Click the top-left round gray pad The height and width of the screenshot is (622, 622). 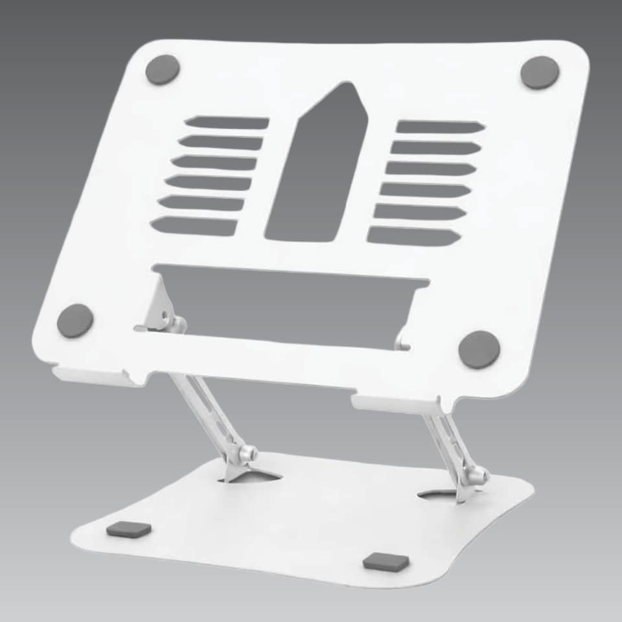click(x=162, y=69)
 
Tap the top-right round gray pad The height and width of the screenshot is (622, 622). click(x=540, y=72)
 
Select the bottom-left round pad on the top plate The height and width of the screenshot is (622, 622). click(x=75, y=320)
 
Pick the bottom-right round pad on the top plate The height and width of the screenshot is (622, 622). click(x=479, y=349)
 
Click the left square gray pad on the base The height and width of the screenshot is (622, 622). click(x=128, y=529)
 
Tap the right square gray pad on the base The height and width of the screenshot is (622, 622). click(x=386, y=561)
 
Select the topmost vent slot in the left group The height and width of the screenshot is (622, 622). click(x=227, y=122)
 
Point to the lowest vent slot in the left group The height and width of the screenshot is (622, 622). click(x=194, y=226)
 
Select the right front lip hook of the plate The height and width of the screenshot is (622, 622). click(x=395, y=404)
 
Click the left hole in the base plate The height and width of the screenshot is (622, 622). click(x=253, y=477)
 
